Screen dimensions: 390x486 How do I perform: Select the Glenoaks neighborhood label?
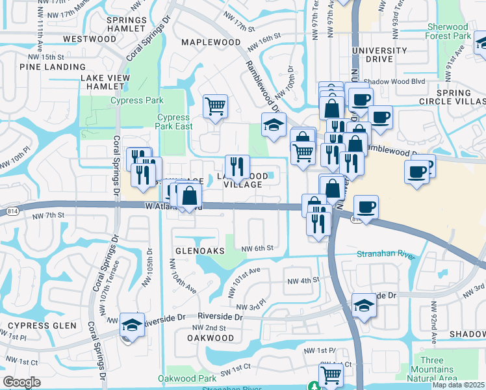[x=199, y=250]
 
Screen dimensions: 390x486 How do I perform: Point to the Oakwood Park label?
[x=187, y=378]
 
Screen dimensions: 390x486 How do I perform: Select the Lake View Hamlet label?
[x=105, y=82]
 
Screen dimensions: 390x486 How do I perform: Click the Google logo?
[x=21, y=382]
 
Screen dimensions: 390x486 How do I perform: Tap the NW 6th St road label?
[x=257, y=248]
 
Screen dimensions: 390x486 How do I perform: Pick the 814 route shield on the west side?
[x=13, y=211]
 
